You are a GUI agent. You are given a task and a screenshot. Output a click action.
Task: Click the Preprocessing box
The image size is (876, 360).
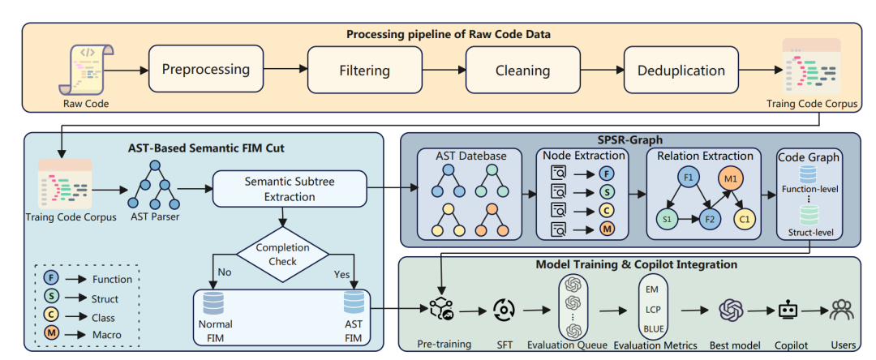[205, 69]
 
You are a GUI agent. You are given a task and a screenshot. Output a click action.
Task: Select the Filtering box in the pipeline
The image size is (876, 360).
[364, 71]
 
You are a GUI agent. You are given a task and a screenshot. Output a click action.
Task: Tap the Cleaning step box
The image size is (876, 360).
[522, 71]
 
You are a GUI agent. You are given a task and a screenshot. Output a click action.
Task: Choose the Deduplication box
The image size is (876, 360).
[681, 71]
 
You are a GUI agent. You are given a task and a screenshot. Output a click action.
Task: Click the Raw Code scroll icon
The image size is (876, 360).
[85, 70]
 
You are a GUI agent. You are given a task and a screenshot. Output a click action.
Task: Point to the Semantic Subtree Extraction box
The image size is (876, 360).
[289, 190]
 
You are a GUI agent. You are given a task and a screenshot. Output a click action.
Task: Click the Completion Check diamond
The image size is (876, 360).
[283, 254]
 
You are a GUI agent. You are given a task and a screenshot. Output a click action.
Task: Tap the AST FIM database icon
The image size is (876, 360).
[353, 304]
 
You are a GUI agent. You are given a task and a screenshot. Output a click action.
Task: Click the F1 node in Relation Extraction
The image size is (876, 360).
[688, 178]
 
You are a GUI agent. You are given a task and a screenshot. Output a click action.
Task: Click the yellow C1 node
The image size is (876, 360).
[744, 220]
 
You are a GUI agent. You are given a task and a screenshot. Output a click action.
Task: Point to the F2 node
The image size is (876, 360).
[710, 220]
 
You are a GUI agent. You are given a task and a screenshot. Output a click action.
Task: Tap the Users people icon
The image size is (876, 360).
[842, 311]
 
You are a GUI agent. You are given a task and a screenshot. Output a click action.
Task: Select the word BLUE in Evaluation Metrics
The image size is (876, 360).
[653, 328]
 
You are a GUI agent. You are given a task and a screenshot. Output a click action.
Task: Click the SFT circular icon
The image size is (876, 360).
[504, 311]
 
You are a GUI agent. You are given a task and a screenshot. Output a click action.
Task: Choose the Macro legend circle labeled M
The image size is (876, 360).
[50, 335]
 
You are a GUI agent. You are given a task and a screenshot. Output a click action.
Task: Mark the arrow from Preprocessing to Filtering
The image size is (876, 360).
[286, 69]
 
